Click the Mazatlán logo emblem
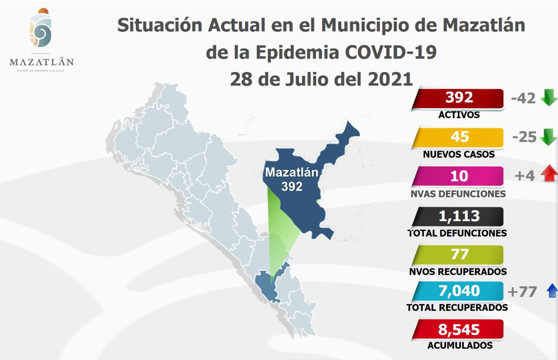tap(41, 29)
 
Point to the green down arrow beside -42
tap(548, 98)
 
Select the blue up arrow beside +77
tap(552, 291)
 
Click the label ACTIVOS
tap(459, 115)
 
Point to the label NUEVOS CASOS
tap(459, 154)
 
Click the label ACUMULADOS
tap(460, 346)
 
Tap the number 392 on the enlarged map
tap(292, 187)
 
